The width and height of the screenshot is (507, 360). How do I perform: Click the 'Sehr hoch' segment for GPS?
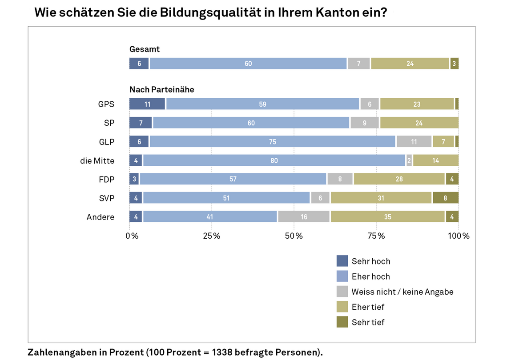pyautogui.click(x=147, y=104)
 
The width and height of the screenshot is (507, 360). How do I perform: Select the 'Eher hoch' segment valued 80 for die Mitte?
pyautogui.click(x=274, y=160)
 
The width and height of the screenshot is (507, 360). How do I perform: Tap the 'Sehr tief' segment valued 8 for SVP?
pyautogui.click(x=445, y=198)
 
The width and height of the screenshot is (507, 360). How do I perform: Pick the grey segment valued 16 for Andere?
pyautogui.click(x=304, y=217)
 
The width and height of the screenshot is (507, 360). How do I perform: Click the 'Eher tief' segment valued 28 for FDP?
pyautogui.click(x=399, y=179)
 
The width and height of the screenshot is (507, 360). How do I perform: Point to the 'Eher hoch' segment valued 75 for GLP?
pyautogui.click(x=272, y=142)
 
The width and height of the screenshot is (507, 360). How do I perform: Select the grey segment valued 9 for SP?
pyautogui.click(x=364, y=123)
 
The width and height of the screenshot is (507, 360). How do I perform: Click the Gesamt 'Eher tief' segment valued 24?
pyautogui.click(x=410, y=64)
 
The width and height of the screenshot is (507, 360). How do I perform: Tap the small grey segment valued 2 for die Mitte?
pyautogui.click(x=409, y=160)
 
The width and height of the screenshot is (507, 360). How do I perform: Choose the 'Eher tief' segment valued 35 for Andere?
pyautogui.click(x=387, y=217)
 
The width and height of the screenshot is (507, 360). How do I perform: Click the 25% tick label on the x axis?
pyautogui.click(x=212, y=236)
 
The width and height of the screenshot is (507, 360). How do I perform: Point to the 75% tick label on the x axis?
pyautogui.click(x=376, y=236)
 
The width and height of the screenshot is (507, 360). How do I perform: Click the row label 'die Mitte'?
pyautogui.click(x=97, y=160)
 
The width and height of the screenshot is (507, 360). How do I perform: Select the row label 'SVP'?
pyautogui.click(x=106, y=198)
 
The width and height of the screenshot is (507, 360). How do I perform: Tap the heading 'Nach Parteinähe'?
pyautogui.click(x=161, y=89)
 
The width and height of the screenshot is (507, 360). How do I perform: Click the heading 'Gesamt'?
pyautogui.click(x=144, y=49)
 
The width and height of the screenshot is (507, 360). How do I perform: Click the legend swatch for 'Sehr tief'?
pyautogui.click(x=342, y=322)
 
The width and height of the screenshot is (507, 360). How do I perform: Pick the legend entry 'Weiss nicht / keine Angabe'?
pyautogui.click(x=402, y=292)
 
